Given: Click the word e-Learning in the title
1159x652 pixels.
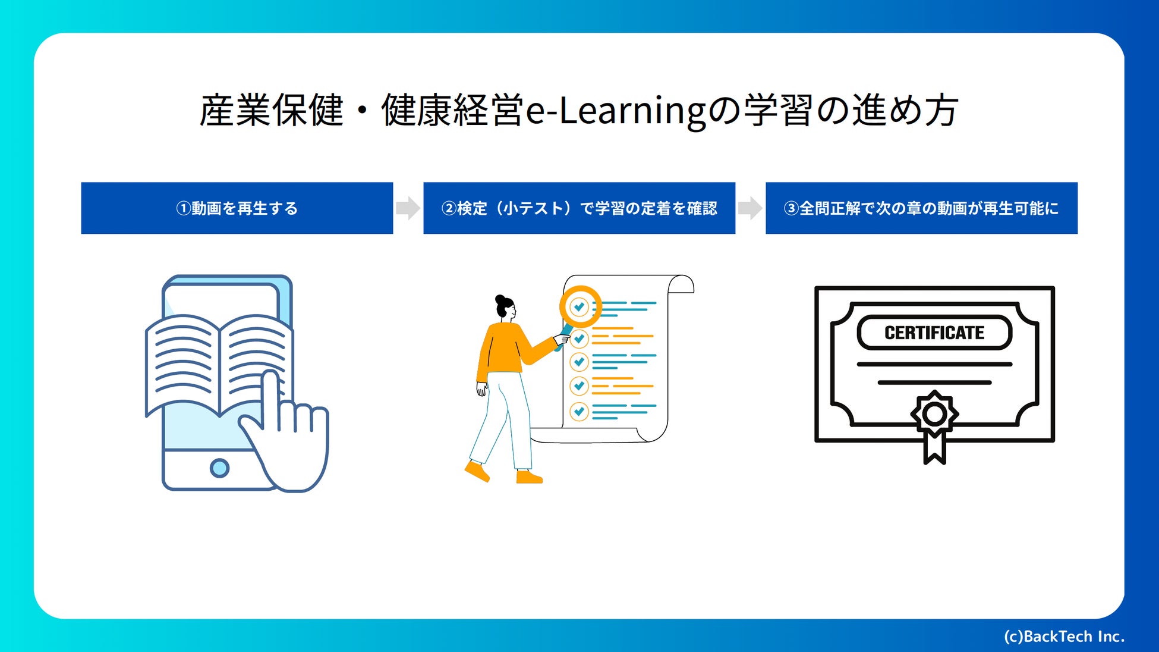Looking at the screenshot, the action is (616, 111).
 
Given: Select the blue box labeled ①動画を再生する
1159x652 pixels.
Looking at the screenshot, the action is (237, 208).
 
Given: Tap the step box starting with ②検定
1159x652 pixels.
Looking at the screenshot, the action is (579, 208).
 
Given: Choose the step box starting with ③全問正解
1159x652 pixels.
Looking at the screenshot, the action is (921, 208).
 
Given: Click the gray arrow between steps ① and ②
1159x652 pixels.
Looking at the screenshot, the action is (408, 208).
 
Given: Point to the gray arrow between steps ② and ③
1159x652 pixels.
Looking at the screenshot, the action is (750, 208).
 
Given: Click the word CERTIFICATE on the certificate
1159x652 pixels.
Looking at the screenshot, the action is (934, 333).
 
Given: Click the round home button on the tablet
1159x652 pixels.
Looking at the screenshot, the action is (219, 468).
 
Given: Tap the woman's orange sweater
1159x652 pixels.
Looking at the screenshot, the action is (505, 351).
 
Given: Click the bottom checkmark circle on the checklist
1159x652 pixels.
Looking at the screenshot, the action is (579, 411).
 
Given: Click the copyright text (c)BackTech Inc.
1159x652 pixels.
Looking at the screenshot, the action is (1064, 637).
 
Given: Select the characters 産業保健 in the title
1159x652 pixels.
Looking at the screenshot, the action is (272, 111).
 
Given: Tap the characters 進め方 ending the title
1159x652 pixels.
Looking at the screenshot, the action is (905, 111).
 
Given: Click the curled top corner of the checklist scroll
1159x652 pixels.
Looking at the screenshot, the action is (681, 284).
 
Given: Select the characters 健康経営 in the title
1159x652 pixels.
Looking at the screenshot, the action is (453, 111).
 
